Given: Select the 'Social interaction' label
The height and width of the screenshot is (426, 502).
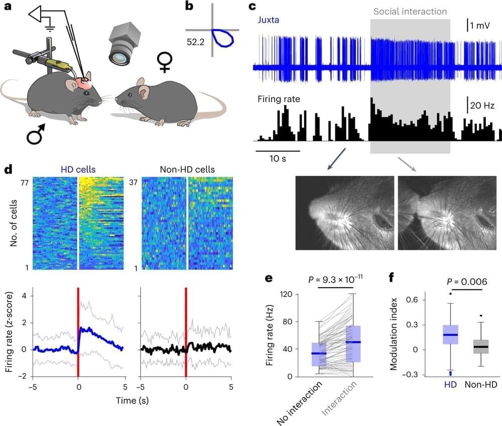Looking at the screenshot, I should (x=410, y=12).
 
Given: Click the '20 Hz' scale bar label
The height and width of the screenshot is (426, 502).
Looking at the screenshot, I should (x=481, y=105).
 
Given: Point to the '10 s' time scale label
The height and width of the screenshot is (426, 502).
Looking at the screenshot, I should (x=278, y=160).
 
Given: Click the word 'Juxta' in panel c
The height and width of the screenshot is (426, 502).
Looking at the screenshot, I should (x=269, y=21).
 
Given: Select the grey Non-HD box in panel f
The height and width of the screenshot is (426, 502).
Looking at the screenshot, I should (x=481, y=347).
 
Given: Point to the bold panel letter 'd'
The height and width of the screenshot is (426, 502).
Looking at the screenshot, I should (x=9, y=169).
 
